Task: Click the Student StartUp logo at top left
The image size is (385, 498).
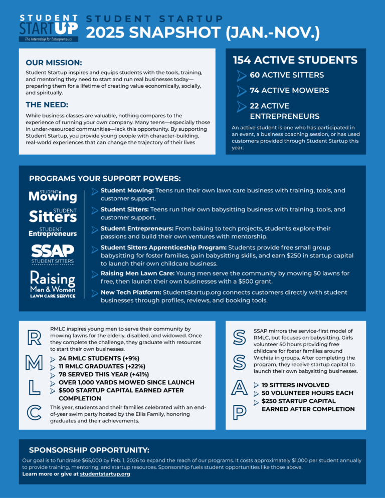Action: (48, 28)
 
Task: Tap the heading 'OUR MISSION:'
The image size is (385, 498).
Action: (54, 63)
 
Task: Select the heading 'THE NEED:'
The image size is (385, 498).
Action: (47, 105)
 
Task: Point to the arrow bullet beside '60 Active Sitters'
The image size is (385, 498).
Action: (242, 75)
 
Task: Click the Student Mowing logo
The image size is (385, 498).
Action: (53, 195)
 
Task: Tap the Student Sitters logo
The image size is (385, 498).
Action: (53, 215)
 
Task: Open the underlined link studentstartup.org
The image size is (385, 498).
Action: (105, 474)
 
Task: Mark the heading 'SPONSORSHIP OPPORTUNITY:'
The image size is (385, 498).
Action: (89, 450)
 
